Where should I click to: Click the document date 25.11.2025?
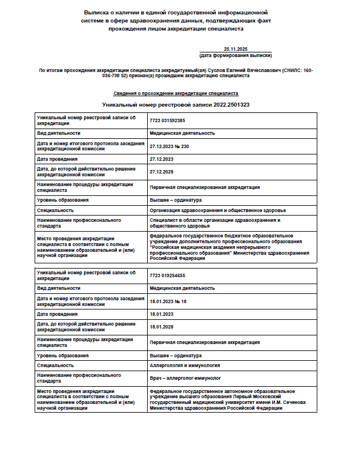point(235,50)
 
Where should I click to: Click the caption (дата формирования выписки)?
point(235,55)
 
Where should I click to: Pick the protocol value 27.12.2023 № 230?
point(169,146)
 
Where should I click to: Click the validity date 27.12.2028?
point(162,171)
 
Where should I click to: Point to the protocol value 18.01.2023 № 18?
point(168,301)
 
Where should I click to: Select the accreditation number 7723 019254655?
point(167,275)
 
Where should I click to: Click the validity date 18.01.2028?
point(162,327)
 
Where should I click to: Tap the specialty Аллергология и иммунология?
point(177,365)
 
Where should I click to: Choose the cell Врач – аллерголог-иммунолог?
point(185,378)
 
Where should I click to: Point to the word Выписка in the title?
point(96,12)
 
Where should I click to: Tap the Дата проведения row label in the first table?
point(57,158)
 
